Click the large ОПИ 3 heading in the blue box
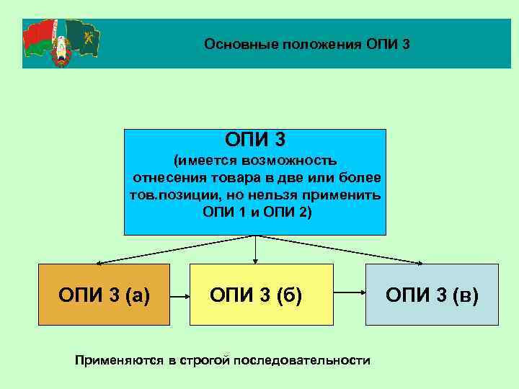255,138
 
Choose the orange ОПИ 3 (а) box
104,295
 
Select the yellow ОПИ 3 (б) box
261,295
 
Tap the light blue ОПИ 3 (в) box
432,295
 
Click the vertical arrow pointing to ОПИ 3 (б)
255,249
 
